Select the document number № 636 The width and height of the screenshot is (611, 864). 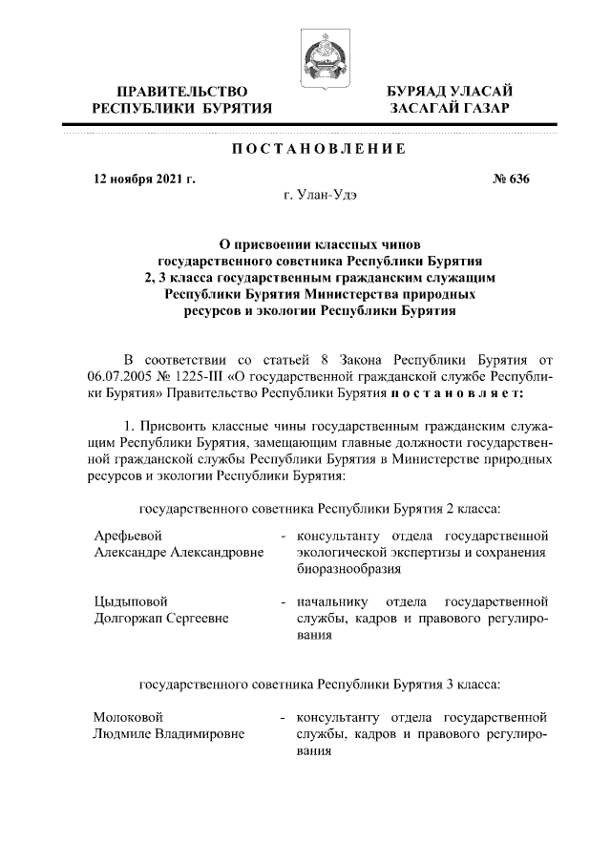(509, 179)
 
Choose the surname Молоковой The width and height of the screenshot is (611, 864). (129, 716)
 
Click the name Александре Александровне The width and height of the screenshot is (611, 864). (179, 552)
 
